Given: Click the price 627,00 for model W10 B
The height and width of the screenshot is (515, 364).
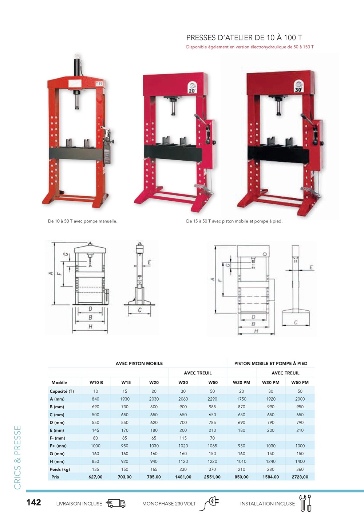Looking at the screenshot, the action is tap(95, 477).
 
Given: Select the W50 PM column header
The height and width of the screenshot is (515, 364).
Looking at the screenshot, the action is tap(300, 382).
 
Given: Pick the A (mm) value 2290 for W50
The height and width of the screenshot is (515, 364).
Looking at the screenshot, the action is tap(212, 399).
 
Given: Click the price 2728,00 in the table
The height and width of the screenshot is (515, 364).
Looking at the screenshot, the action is tap(300, 477).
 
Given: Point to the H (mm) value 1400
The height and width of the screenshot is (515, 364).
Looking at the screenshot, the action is tap(300, 461).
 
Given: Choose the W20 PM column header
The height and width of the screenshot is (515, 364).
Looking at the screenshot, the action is tap(241, 382).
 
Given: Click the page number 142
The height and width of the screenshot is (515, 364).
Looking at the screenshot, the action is tap(34, 502).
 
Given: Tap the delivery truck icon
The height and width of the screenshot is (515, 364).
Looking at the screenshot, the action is tap(116, 503).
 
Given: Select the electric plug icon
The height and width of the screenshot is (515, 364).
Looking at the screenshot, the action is tap(209, 503).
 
